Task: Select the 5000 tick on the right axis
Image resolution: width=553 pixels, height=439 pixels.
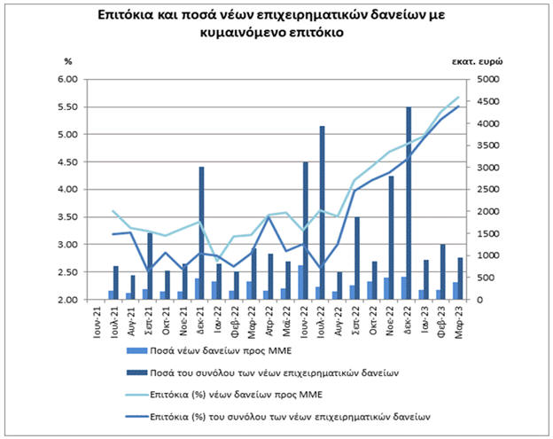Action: (489, 79)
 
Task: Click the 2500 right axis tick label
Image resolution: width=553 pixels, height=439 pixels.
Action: (489, 189)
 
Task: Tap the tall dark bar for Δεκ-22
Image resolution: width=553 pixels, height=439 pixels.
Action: (409, 204)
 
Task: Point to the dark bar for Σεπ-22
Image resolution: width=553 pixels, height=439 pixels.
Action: (357, 257)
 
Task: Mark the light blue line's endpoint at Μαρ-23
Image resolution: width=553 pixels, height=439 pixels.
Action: (458, 97)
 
